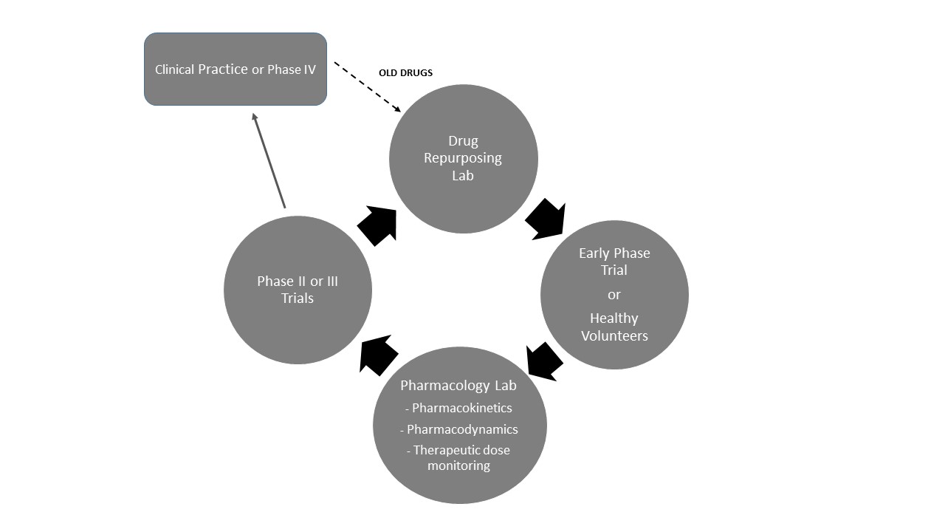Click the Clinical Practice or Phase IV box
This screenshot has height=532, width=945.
(x=235, y=69)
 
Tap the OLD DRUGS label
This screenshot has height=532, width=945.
(x=405, y=73)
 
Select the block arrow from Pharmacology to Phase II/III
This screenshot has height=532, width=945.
(x=378, y=355)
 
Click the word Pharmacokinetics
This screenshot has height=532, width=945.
(x=462, y=408)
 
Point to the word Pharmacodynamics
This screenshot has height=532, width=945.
(x=462, y=429)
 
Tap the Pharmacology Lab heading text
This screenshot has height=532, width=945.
(x=458, y=386)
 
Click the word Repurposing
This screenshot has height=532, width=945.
(x=463, y=158)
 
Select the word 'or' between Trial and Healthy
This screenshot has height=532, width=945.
(x=614, y=295)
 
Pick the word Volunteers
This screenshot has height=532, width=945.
(x=614, y=335)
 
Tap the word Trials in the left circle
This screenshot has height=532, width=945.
(x=298, y=299)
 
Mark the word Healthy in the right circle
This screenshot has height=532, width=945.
(x=614, y=318)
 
